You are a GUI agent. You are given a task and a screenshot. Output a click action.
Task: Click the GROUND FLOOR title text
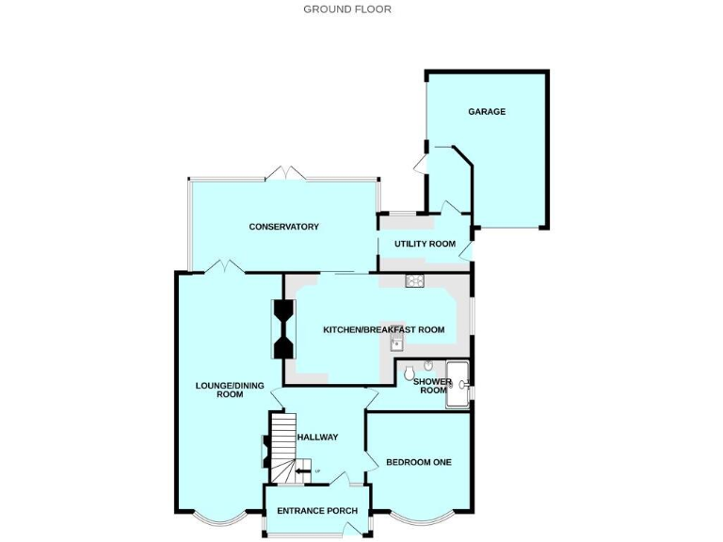click(346, 9)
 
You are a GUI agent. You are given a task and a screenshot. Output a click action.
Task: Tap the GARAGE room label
click(487, 112)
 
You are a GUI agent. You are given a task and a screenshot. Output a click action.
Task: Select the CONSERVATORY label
click(283, 227)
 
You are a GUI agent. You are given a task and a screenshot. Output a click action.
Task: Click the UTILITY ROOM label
click(425, 244)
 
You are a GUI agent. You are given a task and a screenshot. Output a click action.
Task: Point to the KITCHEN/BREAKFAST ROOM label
click(383, 329)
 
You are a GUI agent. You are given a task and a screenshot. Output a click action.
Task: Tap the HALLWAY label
click(317, 437)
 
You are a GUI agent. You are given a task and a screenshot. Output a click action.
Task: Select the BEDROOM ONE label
click(419, 462)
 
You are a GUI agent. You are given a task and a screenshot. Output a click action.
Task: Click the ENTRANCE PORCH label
click(316, 512)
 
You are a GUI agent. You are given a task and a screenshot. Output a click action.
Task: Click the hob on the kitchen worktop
click(415, 279)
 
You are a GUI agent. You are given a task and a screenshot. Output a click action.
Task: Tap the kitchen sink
click(397, 343)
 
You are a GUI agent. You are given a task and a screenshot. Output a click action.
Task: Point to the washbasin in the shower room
click(428, 366)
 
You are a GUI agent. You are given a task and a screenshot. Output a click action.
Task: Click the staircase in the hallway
click(283, 442)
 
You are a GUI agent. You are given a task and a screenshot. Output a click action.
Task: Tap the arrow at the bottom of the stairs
click(302, 471)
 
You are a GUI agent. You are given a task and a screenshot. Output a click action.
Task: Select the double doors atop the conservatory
click(285, 174)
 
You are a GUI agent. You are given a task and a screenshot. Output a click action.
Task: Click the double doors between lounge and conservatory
click(225, 267)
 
